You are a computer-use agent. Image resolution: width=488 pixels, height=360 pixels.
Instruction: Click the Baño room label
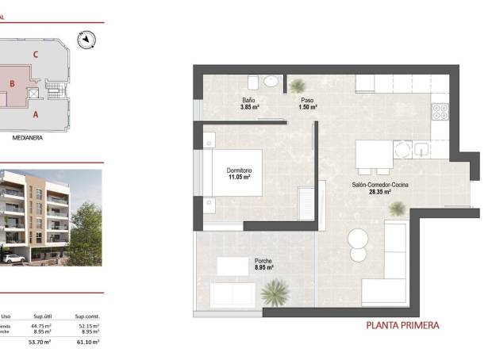pyautogui.click(x=248, y=100)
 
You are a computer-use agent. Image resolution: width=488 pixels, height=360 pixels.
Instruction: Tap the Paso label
pyautogui.click(x=306, y=100)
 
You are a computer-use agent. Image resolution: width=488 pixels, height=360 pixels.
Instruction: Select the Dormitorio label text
pyautogui.click(x=238, y=170)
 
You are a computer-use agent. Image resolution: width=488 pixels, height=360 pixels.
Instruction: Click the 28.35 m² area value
pyautogui.click(x=379, y=191)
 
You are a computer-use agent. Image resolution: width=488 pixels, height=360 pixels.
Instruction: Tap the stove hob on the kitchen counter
pyautogui.click(x=440, y=113)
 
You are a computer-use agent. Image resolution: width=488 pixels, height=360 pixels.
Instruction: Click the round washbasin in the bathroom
pyautogui.click(x=272, y=82)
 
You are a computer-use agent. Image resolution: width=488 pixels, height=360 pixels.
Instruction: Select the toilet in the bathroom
pyautogui.click(x=252, y=82)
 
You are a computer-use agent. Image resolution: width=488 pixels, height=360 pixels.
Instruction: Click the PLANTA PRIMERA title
pyautogui.click(x=402, y=325)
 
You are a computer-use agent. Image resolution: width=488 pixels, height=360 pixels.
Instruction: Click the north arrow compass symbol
pyautogui.click(x=86, y=39)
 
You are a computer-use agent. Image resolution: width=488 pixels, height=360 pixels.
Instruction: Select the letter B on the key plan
pyautogui.click(x=12, y=82)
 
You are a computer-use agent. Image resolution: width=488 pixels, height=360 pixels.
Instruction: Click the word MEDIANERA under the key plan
pyautogui.click(x=28, y=136)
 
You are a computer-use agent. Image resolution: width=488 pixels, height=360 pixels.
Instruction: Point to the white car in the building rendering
pyautogui.click(x=11, y=258)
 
